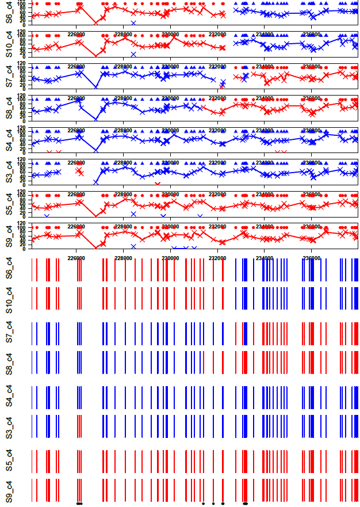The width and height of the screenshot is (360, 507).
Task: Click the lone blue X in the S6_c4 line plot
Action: coord(133,23)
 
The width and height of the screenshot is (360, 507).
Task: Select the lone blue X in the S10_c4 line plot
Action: coord(133,55)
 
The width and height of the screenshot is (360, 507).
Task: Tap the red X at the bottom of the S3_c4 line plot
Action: coord(158,184)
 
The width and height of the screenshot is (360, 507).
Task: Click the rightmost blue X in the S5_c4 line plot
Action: coord(200,216)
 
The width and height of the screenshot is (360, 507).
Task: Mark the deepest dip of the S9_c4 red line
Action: coord(95,247)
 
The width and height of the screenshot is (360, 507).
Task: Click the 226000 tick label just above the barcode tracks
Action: coord(76,258)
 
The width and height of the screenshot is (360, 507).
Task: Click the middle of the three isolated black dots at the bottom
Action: coord(213,504)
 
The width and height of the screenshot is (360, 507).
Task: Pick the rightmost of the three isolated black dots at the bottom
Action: coord(223,504)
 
